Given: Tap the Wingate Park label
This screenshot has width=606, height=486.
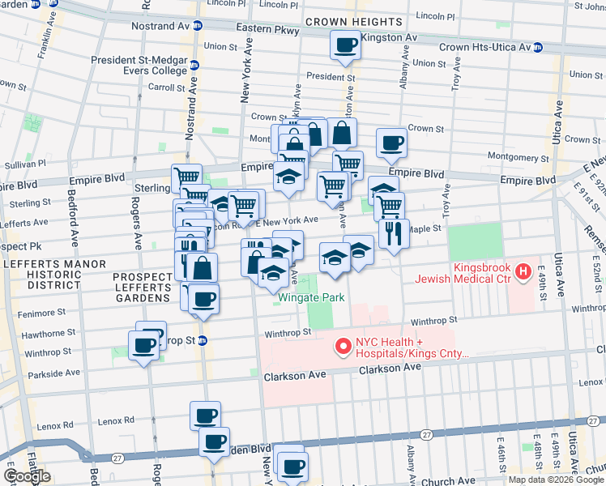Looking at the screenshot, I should (x=311, y=297).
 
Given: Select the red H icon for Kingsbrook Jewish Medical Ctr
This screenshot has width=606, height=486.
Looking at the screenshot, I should (x=523, y=271).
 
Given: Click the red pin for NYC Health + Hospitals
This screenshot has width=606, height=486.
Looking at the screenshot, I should (x=342, y=347).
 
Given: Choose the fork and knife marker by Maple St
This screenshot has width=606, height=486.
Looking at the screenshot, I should (x=394, y=234).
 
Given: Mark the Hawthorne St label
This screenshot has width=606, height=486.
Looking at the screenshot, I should (x=49, y=333).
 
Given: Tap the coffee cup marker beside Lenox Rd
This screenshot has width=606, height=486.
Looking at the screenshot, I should (x=205, y=416).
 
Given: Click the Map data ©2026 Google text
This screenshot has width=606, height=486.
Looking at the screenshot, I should (x=556, y=480).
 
